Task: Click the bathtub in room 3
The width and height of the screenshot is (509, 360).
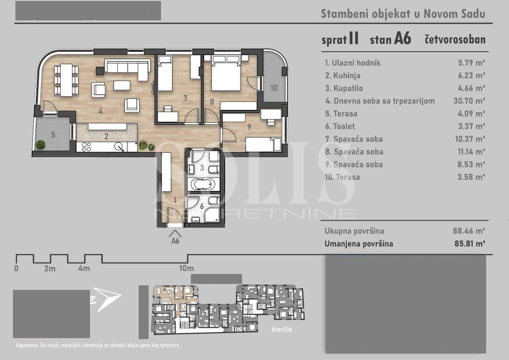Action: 203,184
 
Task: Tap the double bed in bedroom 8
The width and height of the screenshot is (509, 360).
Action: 226,73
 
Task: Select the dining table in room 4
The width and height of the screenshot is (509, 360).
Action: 67,80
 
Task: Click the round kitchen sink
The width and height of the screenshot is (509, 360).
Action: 119,147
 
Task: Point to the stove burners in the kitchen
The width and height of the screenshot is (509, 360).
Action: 86,147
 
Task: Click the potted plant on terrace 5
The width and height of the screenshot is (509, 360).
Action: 41,145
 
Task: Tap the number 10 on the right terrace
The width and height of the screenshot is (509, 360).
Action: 274,88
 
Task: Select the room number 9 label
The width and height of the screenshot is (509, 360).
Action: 250,127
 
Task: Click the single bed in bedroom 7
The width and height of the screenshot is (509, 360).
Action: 165,73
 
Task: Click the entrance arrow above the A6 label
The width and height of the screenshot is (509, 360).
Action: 175,233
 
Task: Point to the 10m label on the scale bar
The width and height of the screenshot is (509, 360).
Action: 187,269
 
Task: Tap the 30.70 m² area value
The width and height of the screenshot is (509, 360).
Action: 469,101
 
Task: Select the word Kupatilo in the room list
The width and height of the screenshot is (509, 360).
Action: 348,89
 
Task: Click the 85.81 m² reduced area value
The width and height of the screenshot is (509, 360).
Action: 470,244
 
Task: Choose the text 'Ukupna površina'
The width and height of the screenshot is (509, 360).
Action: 354,231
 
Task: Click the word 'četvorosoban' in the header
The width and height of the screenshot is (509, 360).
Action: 455,40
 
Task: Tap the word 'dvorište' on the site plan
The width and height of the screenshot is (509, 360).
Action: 282,330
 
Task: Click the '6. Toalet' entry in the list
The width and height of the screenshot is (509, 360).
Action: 340,126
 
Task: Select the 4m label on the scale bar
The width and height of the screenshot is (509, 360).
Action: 84,269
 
